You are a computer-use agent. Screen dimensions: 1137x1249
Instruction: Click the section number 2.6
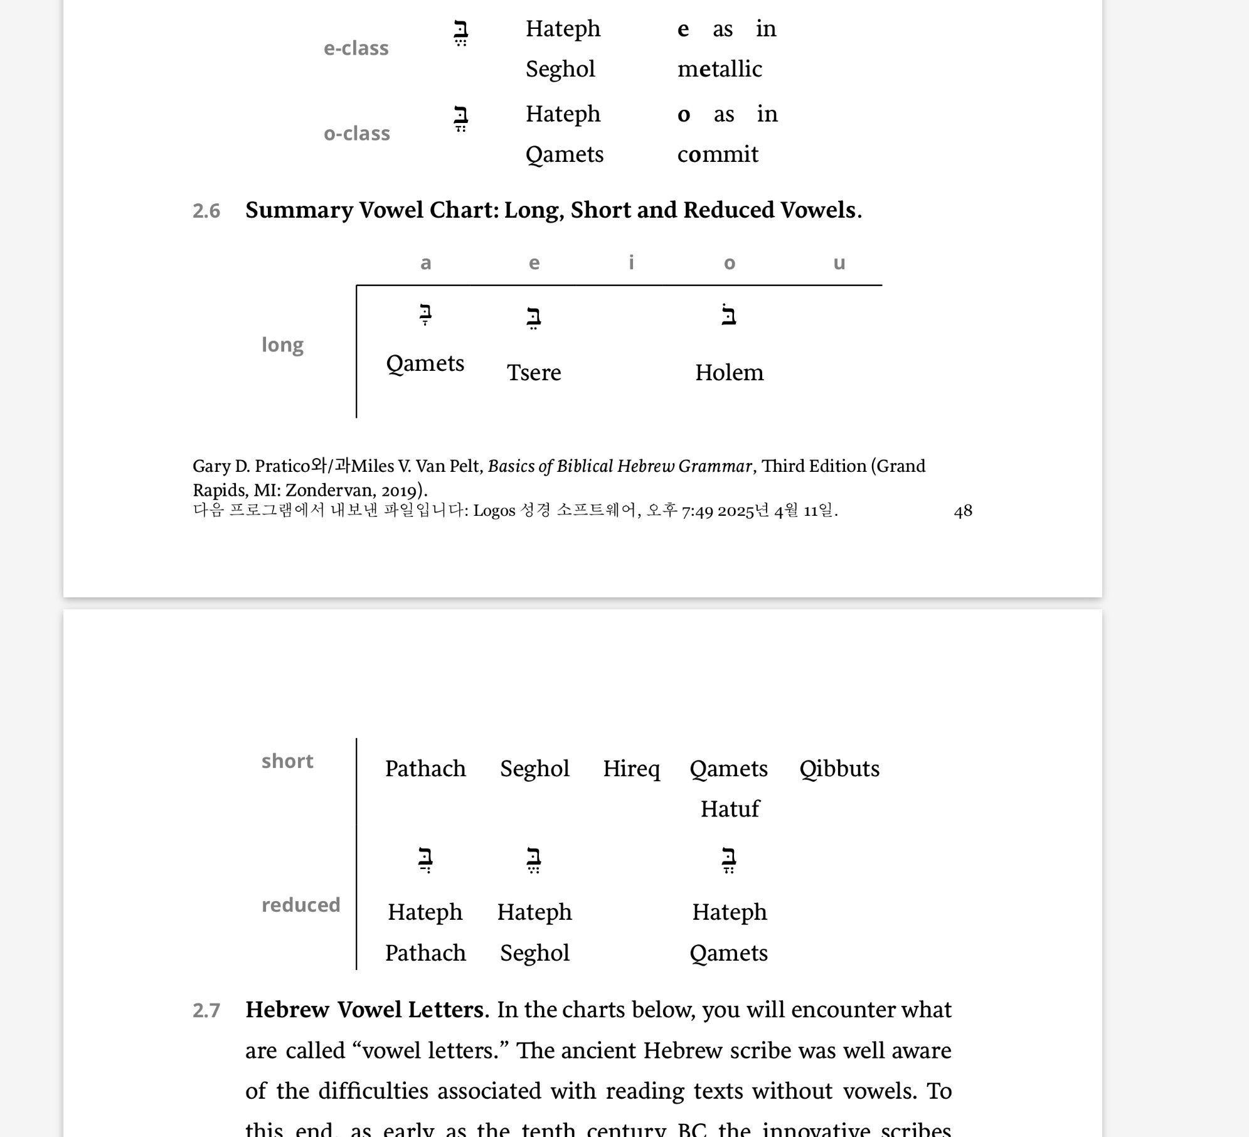206,211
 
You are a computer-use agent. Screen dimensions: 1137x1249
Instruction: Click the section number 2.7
206,1010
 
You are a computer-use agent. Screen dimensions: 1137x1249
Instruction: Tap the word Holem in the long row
729,373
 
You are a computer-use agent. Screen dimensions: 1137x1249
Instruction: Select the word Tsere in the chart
534,373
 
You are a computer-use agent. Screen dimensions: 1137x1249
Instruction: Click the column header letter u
839,263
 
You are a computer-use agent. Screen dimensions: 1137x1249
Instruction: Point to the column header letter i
631,262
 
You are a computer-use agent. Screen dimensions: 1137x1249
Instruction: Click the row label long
282,344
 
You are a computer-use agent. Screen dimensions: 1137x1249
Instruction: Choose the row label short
287,761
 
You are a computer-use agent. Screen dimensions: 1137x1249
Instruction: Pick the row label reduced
300,905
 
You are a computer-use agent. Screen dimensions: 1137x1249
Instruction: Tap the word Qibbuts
839,769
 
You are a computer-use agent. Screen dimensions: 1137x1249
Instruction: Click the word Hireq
631,769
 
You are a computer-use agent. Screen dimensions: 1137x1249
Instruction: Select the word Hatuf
730,809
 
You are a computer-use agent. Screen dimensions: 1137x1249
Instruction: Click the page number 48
962,511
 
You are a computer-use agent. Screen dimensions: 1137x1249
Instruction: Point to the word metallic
720,69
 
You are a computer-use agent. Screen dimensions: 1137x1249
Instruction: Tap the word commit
718,154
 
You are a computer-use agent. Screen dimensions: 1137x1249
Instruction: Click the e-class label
356,48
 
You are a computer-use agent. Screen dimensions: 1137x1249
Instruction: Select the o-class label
356,134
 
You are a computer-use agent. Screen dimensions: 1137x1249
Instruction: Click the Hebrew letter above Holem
729,315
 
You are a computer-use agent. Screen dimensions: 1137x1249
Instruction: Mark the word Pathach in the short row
425,769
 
